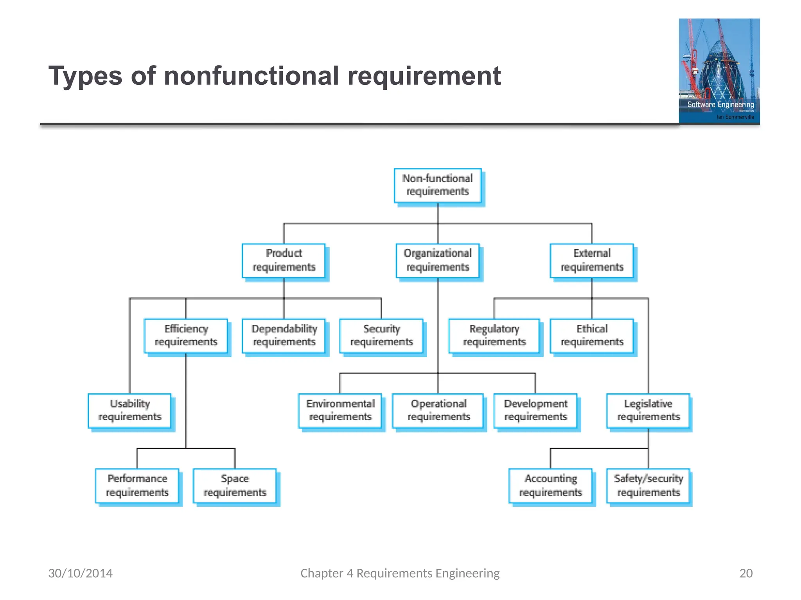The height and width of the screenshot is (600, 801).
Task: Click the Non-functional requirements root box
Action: [437, 185]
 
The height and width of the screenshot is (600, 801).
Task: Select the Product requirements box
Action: [284, 261]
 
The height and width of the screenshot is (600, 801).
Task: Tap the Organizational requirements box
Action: [437, 261]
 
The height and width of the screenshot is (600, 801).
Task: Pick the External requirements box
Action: [591, 261]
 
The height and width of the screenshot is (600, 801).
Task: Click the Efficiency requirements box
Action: [186, 336]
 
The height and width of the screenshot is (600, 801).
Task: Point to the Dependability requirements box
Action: [284, 336]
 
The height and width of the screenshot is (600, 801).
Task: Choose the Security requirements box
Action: [381, 336]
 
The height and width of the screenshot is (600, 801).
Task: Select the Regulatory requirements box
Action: [494, 336]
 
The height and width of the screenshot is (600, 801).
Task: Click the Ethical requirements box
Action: [591, 336]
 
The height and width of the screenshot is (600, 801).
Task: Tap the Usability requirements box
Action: [129, 411]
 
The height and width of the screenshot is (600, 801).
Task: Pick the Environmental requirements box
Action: [340, 411]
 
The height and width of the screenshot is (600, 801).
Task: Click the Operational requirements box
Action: [438, 411]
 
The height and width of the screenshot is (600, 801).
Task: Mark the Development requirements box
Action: [535, 411]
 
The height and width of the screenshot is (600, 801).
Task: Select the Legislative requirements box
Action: [648, 411]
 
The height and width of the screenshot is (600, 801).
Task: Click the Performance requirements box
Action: [137, 486]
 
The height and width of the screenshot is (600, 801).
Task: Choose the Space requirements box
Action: [235, 486]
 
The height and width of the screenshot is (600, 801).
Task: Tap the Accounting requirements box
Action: [550, 486]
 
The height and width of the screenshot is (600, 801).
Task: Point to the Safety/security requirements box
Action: [648, 486]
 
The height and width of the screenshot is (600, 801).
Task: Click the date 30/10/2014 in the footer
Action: [80, 573]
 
